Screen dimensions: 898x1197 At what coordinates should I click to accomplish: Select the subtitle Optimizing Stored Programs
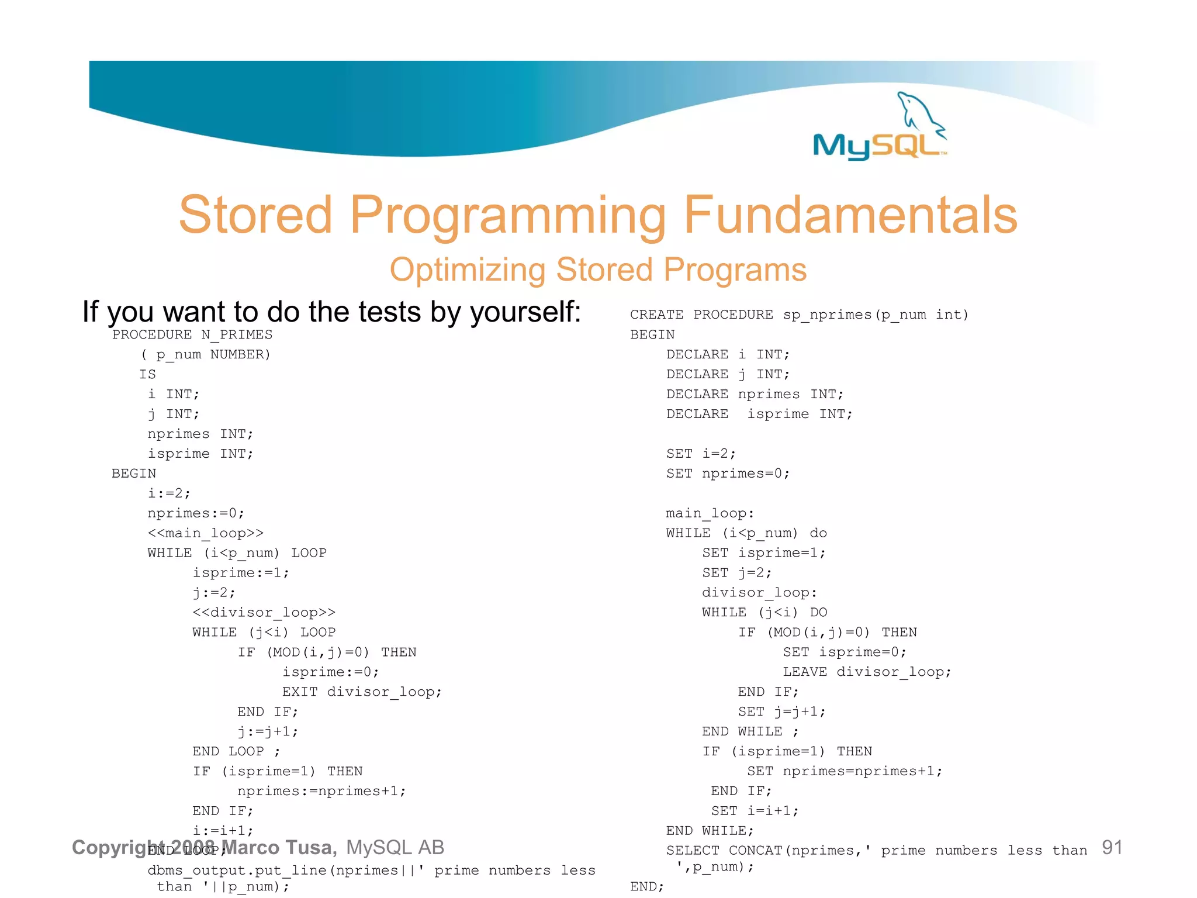pyautogui.click(x=598, y=270)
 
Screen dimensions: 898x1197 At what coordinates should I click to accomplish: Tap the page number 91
pyautogui.click(x=1112, y=848)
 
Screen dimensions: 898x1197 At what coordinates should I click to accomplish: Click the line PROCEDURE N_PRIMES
pyautogui.click(x=192, y=335)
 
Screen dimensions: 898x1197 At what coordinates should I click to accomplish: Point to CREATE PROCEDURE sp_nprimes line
pyautogui.click(x=799, y=315)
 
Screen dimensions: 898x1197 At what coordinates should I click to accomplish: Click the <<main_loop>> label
pyautogui.click(x=205, y=533)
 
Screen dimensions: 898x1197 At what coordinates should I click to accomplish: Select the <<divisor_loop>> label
pyautogui.click(x=264, y=613)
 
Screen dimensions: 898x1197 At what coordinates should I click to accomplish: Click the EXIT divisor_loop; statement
pyautogui.click(x=362, y=692)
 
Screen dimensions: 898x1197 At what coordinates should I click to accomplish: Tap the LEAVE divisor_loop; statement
pyautogui.click(x=867, y=672)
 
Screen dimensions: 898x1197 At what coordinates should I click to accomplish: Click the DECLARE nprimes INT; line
pyautogui.click(x=755, y=395)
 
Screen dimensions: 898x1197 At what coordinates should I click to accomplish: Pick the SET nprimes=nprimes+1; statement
pyautogui.click(x=845, y=772)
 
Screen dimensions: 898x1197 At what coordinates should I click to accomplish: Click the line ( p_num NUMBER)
pyautogui.click(x=206, y=355)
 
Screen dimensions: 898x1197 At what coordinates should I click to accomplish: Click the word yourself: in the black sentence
pyautogui.click(x=525, y=312)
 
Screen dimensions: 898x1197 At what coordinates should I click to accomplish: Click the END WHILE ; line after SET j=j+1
pyautogui.click(x=750, y=732)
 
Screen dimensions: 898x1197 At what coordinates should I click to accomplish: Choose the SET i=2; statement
pyautogui.click(x=701, y=454)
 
